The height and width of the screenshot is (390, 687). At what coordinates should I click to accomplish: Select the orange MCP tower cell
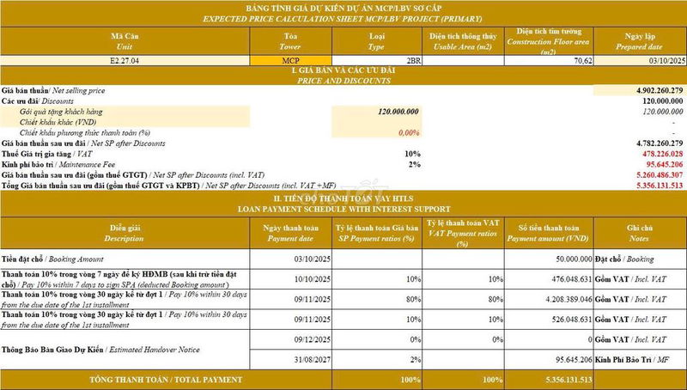(289, 61)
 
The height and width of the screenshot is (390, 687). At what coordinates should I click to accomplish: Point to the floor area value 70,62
(583, 61)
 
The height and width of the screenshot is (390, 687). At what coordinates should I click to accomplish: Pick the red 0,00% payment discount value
(409, 132)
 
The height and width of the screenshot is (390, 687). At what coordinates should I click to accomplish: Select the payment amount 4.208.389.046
(560, 298)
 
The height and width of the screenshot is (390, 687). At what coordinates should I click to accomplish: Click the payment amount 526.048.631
(563, 319)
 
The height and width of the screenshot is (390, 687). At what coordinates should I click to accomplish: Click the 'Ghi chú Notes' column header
(640, 232)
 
